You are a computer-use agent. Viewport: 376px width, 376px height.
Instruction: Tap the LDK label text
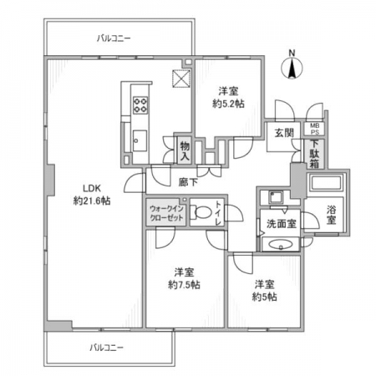[92, 188]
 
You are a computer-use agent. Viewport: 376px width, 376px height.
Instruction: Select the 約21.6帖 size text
[92, 201]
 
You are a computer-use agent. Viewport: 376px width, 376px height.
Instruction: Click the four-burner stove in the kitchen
[140, 105]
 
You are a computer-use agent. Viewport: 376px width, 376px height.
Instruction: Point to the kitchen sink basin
[140, 140]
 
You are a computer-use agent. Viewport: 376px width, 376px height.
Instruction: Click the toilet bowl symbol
[201, 213]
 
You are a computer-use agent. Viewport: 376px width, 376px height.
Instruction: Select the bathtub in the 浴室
[326, 183]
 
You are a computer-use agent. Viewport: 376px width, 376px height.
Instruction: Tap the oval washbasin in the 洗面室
[281, 245]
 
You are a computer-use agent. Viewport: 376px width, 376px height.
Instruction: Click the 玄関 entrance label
[284, 133]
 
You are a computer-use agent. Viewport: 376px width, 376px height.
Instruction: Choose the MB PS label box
[315, 129]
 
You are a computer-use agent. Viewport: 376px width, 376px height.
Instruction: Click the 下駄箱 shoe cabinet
[314, 154]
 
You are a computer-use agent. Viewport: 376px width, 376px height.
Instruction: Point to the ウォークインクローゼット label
[166, 213]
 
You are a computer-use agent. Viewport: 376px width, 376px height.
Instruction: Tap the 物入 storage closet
[185, 150]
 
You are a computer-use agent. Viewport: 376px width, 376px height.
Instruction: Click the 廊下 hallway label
[188, 182]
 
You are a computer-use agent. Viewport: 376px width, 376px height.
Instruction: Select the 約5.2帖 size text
[228, 104]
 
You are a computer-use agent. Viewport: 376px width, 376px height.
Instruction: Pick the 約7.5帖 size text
[184, 285]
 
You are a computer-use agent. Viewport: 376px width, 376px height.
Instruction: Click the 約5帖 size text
[264, 297]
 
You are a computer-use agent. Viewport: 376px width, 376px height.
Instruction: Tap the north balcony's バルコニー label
[114, 38]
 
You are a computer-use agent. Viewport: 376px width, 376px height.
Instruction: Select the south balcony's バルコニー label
[106, 348]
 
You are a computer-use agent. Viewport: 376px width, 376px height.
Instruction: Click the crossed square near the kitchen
[181, 79]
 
